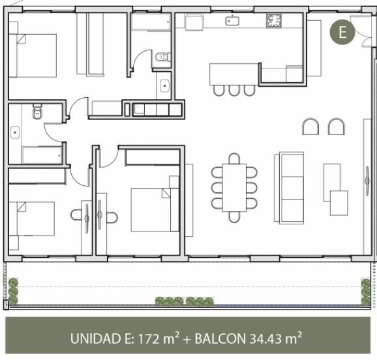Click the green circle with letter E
click(342, 32)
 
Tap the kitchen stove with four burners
click(274, 20)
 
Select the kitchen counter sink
click(232, 21)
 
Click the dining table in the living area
click(234, 188)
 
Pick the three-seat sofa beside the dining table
click(289, 188)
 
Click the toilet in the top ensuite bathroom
click(163, 57)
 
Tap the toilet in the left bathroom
click(37, 112)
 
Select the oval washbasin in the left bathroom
click(15, 132)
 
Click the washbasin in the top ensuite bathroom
click(165, 86)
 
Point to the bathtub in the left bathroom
click(42, 155)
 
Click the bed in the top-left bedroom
click(33, 55)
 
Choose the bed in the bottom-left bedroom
click(31, 218)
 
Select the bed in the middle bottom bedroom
click(155, 210)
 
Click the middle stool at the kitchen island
click(234, 91)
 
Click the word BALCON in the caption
click(220, 338)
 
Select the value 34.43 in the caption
click(265, 338)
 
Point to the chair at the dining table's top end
click(234, 158)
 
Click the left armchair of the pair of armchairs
click(310, 127)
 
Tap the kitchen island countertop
click(234, 74)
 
